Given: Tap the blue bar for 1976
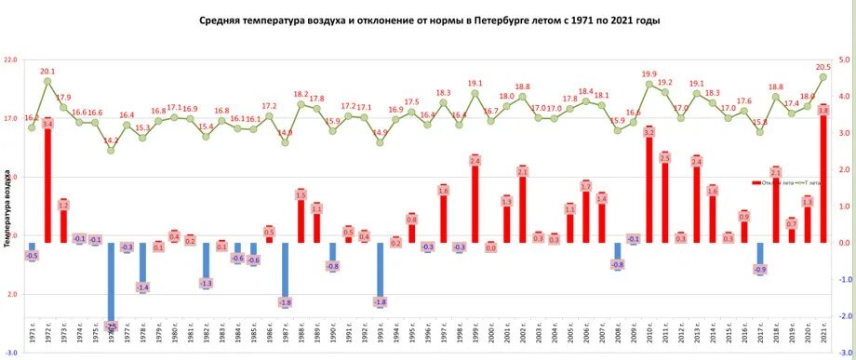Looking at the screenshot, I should click(x=111, y=283).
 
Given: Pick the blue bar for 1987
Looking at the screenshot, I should click(x=285, y=272).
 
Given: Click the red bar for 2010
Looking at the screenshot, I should click(x=649, y=185).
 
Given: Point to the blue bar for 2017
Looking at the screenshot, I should click(x=760, y=256).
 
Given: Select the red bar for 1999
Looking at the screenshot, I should click(x=475, y=200).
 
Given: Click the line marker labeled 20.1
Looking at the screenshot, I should click(x=47, y=81).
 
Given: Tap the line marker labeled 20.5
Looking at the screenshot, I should click(x=823, y=77).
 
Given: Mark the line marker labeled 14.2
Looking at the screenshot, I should click(x=111, y=150).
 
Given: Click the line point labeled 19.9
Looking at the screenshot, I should click(x=649, y=84).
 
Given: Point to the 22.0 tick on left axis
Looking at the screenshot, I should click(x=10, y=60).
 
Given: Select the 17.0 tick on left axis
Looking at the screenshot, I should click(x=10, y=118).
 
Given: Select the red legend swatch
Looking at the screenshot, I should click(x=756, y=182).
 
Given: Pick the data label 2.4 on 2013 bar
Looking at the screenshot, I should click(x=697, y=162).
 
